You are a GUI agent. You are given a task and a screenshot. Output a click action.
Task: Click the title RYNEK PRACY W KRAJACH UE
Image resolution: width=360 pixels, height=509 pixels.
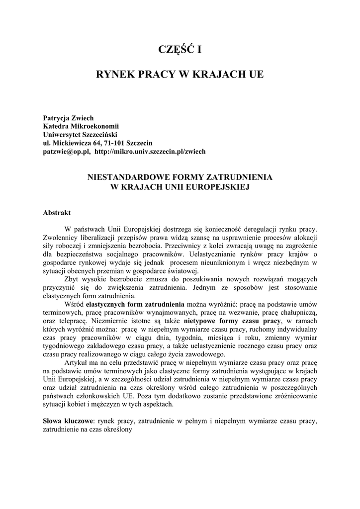[180, 75]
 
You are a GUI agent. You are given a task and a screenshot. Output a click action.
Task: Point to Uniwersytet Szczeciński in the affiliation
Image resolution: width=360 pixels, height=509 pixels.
[82, 135]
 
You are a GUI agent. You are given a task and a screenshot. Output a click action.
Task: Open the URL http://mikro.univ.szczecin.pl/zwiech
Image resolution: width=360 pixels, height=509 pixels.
[150, 151]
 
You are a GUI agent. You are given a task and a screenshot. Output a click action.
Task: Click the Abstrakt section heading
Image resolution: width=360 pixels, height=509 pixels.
[57, 212]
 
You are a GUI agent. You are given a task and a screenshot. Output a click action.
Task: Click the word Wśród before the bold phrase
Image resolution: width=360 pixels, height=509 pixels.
[75, 304]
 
